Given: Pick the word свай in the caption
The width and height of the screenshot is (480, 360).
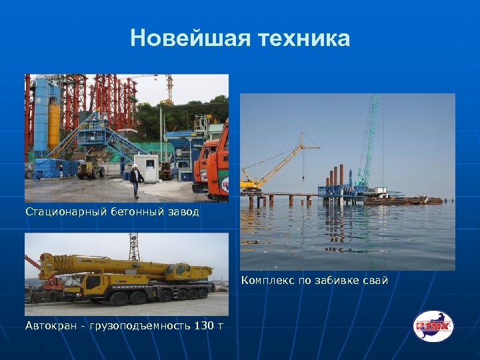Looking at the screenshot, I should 373,281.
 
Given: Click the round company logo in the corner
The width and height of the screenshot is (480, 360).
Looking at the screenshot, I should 433,326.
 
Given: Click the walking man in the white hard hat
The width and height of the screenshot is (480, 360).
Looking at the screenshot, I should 136,181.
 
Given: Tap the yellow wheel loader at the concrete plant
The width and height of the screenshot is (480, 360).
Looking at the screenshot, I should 89,169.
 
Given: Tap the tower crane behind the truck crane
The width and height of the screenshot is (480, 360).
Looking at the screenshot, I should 133,247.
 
